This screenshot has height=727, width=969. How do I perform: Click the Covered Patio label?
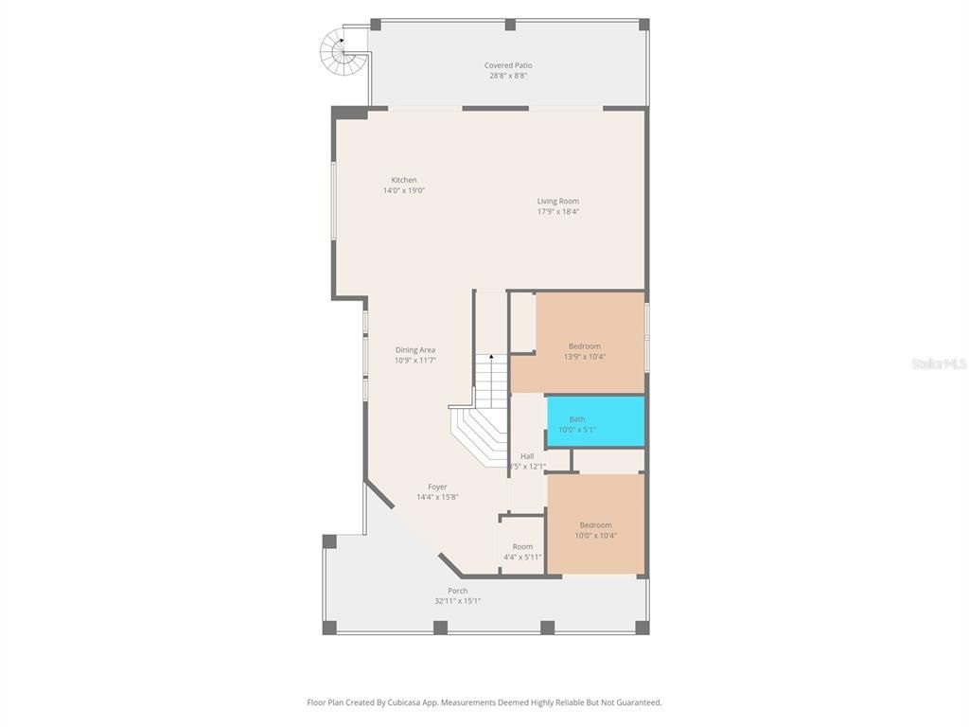508,66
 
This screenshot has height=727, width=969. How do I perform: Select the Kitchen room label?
404,180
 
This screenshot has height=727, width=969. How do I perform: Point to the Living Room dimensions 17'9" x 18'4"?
558,211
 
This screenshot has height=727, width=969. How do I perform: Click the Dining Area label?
415,350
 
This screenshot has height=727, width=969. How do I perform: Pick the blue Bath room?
596,421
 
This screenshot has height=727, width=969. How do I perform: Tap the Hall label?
527,456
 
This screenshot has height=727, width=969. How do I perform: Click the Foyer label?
437,487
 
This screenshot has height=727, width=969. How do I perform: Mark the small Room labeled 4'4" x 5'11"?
522,547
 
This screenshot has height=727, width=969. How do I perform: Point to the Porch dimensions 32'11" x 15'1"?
458,601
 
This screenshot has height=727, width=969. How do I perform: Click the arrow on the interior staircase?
491,358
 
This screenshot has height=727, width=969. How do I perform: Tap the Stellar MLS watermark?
939,363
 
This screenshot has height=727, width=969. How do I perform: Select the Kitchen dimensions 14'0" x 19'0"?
404,190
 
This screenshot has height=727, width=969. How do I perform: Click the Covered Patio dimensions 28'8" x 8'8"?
508,76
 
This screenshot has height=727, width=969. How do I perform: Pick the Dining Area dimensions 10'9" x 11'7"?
415,361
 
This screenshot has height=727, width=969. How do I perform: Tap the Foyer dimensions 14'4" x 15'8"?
437,497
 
